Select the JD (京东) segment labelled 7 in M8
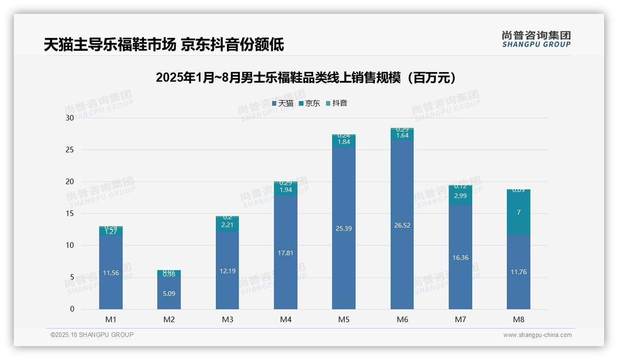(518, 212)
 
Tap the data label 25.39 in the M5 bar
(344, 228)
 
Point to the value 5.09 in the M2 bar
(169, 294)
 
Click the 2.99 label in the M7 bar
(460, 196)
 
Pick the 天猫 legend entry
(283, 103)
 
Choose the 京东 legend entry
(309, 103)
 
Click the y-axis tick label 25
(70, 150)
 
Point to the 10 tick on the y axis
(70, 246)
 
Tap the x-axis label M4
(285, 319)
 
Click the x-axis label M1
(111, 319)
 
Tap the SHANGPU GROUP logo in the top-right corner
(536, 39)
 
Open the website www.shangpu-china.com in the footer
(537, 335)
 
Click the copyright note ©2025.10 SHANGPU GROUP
(92, 335)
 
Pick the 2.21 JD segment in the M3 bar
(227, 225)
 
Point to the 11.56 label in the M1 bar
(111, 273)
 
